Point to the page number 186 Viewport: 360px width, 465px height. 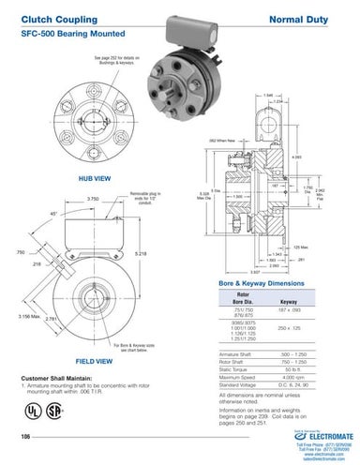pos(26,437)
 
